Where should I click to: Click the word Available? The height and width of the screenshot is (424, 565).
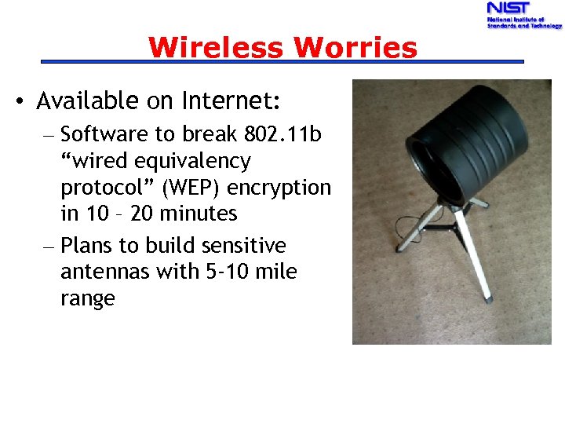(87, 101)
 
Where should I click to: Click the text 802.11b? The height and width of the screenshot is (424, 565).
(284, 134)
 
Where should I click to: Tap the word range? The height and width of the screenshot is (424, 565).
(87, 299)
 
